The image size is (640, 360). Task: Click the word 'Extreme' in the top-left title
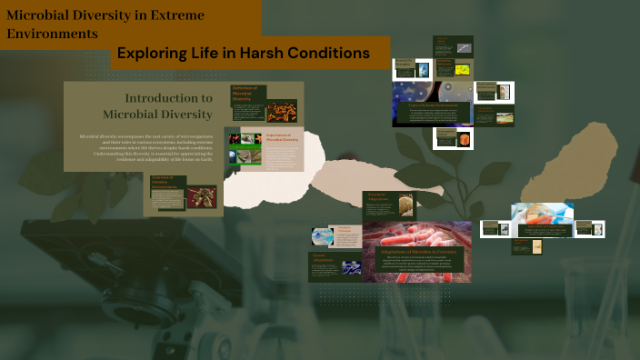(173, 15)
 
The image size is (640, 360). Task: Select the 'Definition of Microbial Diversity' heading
(245, 93)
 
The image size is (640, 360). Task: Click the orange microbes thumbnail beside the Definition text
(282, 111)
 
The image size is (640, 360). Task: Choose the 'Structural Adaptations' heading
(378, 197)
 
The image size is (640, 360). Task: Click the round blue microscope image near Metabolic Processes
(323, 236)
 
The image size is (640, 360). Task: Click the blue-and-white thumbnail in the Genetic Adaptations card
(350, 269)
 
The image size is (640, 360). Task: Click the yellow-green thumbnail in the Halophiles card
(463, 69)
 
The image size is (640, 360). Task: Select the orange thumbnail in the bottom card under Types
(466, 139)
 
